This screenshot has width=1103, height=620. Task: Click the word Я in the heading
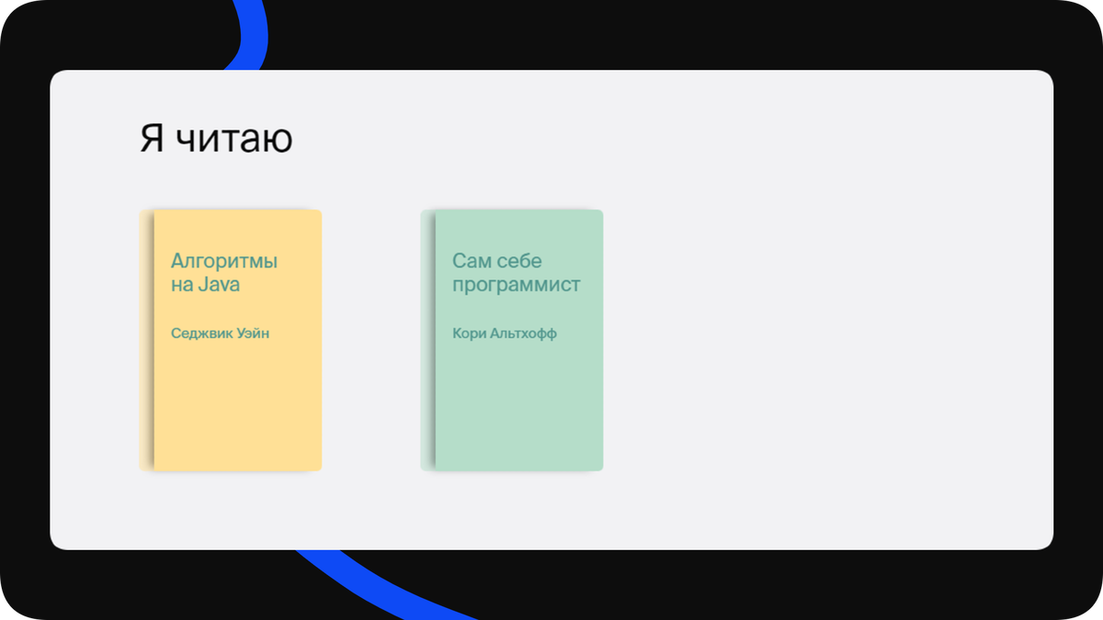(x=152, y=139)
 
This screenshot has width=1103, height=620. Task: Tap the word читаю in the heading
(x=233, y=139)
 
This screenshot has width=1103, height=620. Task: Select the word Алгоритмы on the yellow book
(x=224, y=262)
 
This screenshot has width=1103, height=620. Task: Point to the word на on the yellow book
(x=182, y=285)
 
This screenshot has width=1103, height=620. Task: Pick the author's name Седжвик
(x=199, y=333)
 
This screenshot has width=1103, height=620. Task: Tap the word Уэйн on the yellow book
(x=251, y=333)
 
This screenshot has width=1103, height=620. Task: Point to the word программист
(x=517, y=285)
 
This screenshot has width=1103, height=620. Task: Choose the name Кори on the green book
(x=469, y=333)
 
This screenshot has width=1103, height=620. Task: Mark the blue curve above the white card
(x=250, y=37)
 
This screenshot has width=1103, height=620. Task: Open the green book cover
(x=518, y=404)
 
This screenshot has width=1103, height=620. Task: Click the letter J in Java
(x=203, y=285)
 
